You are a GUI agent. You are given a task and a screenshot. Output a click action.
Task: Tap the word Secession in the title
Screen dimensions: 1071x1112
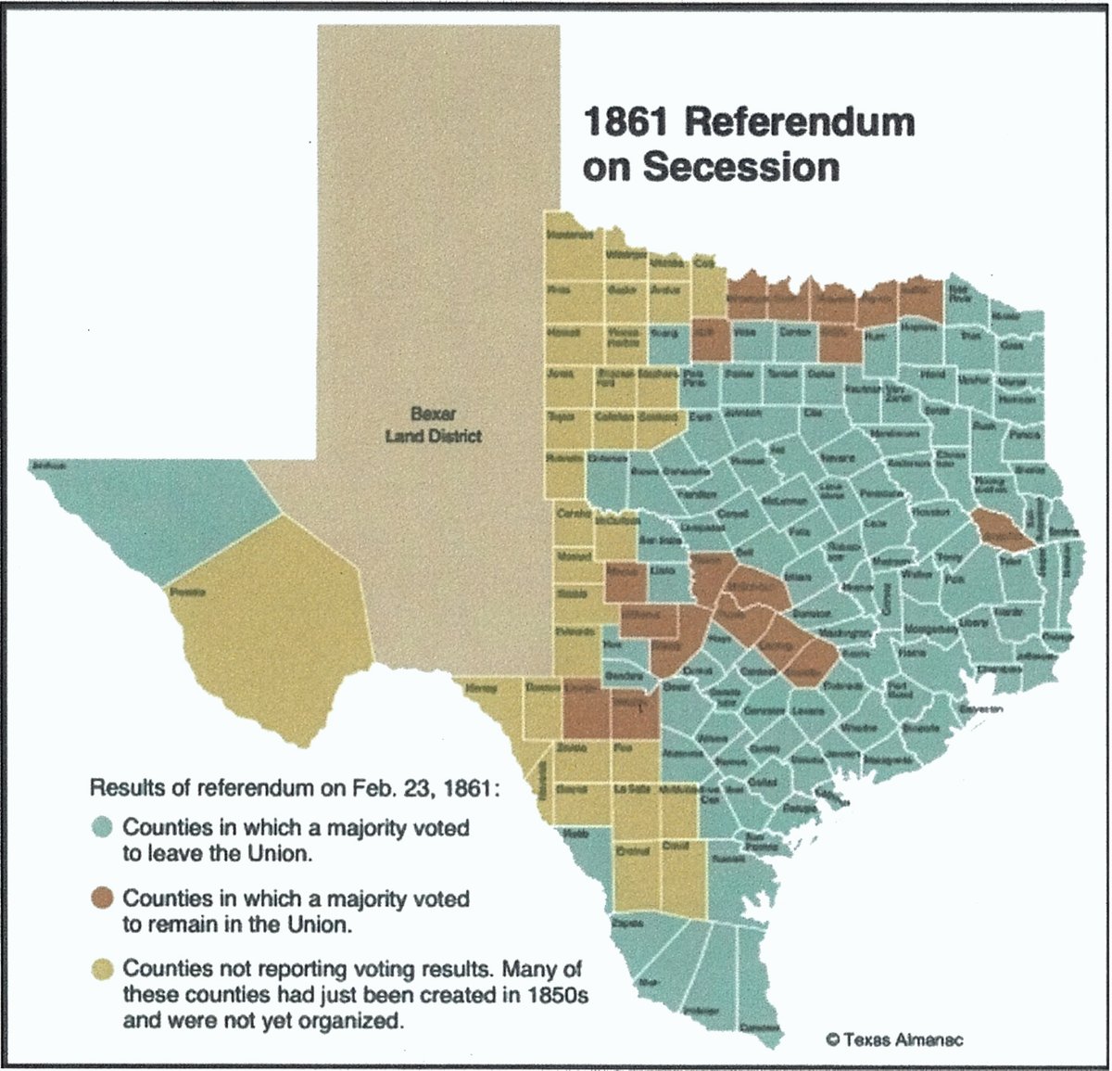tap(740, 167)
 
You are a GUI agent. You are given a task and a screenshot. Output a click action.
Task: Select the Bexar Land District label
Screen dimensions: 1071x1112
tap(433, 425)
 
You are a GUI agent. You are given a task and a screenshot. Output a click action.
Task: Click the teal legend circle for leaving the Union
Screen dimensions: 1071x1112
tap(104, 826)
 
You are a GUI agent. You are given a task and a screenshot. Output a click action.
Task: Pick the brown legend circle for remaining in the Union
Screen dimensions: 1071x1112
tap(104, 898)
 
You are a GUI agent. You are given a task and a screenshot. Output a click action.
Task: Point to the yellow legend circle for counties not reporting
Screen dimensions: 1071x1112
tap(104, 969)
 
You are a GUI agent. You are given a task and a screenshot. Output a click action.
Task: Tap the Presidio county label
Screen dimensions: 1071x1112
tap(187, 591)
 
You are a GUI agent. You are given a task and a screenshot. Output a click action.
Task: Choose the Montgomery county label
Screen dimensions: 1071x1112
tap(929, 629)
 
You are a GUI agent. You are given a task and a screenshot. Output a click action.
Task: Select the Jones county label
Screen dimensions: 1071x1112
tap(561, 375)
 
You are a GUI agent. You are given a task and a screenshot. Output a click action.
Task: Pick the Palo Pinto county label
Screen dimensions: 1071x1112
tap(693, 377)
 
